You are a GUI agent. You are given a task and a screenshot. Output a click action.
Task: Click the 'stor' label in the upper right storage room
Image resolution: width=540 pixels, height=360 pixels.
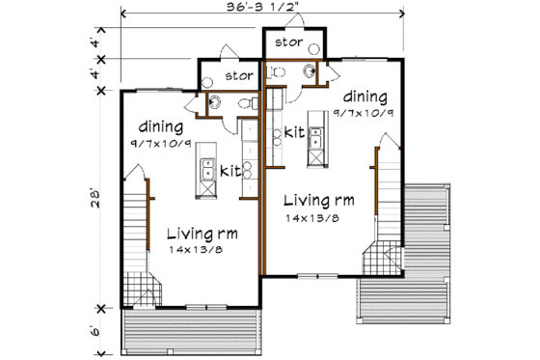[x=289, y=42]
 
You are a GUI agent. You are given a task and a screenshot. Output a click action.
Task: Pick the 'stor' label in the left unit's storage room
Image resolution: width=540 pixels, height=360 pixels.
[x=238, y=74]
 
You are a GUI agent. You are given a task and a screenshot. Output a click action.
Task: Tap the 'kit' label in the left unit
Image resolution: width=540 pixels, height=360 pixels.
[x=229, y=171]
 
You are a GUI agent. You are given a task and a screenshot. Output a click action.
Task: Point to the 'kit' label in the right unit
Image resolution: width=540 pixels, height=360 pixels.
[x=295, y=132]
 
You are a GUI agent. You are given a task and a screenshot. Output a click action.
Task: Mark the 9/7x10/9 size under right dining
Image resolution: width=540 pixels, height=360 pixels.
[x=364, y=113]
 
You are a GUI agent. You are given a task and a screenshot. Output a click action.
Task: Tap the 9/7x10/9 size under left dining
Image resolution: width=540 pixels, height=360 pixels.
[x=161, y=142]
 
